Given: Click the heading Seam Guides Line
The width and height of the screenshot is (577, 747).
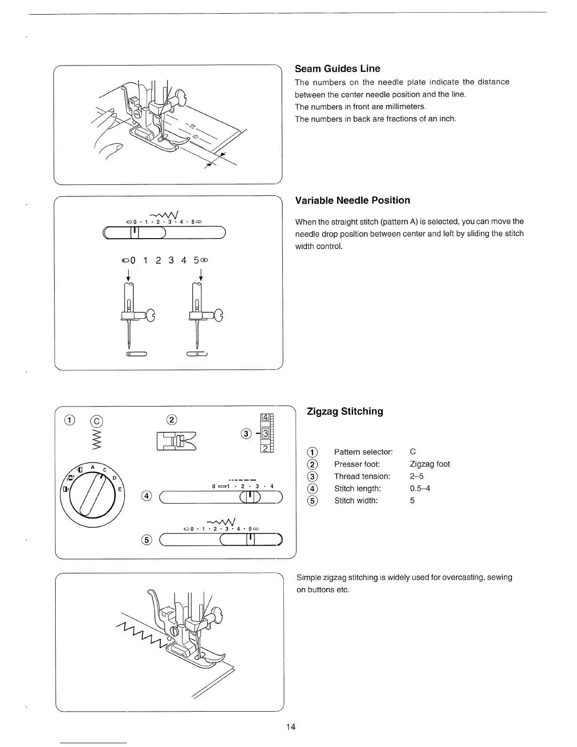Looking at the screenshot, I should (x=337, y=69).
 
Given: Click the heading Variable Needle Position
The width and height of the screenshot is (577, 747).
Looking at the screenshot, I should (x=352, y=200).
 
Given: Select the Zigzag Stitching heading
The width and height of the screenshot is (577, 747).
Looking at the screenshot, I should (x=345, y=411).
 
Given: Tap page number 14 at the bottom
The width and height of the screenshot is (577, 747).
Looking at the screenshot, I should (x=290, y=727).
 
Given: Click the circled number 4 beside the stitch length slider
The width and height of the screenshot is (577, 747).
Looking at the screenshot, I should (x=148, y=496).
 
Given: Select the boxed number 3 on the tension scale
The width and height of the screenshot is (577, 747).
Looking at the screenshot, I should (x=265, y=433).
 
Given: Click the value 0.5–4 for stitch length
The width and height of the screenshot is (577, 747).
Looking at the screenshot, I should (x=420, y=488).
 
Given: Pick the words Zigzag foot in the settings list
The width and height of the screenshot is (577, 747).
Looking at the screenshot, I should (x=430, y=464).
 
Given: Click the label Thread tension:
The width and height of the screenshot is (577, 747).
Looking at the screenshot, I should (x=362, y=476).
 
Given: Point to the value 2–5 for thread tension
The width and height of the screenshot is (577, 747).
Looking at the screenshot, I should (x=417, y=476).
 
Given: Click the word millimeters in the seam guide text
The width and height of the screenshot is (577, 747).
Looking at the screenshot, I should (x=402, y=107).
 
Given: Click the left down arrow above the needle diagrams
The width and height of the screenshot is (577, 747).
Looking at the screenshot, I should (x=128, y=274).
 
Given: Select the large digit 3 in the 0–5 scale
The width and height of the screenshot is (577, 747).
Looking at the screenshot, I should (x=171, y=260).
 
